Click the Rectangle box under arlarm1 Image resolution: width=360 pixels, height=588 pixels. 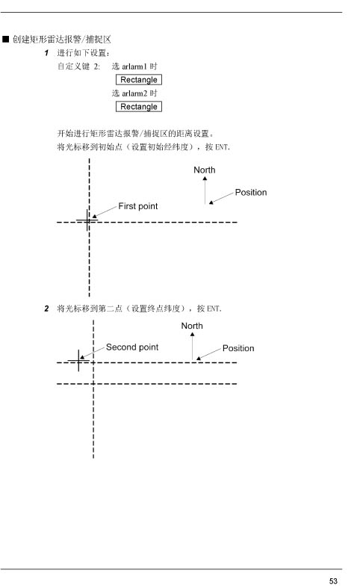click(x=139, y=80)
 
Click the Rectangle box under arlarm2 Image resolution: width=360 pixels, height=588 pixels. click(x=139, y=107)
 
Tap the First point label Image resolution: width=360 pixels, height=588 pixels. click(x=138, y=206)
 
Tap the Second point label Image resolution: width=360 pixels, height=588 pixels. click(x=132, y=347)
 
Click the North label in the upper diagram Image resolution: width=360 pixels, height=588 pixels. click(x=205, y=170)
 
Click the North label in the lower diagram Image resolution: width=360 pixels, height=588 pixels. click(x=192, y=326)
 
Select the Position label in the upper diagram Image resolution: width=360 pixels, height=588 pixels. click(x=251, y=192)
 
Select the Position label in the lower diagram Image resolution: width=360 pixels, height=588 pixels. click(x=238, y=348)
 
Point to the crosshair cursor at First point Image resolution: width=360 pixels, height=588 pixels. click(x=87, y=220)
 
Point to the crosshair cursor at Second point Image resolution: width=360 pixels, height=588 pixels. click(x=78, y=361)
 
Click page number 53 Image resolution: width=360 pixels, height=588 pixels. click(x=333, y=581)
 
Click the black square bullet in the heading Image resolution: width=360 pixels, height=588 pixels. click(x=6, y=39)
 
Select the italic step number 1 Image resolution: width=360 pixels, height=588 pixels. click(x=46, y=53)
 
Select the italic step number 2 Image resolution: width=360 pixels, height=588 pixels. click(x=46, y=309)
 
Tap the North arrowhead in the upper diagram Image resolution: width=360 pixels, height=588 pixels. click(x=205, y=179)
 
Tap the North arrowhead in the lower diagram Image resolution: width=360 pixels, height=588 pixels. click(x=193, y=334)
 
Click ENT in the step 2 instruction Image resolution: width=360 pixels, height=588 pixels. click(x=214, y=309)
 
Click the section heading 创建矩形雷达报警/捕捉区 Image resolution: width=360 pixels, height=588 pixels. click(x=62, y=40)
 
